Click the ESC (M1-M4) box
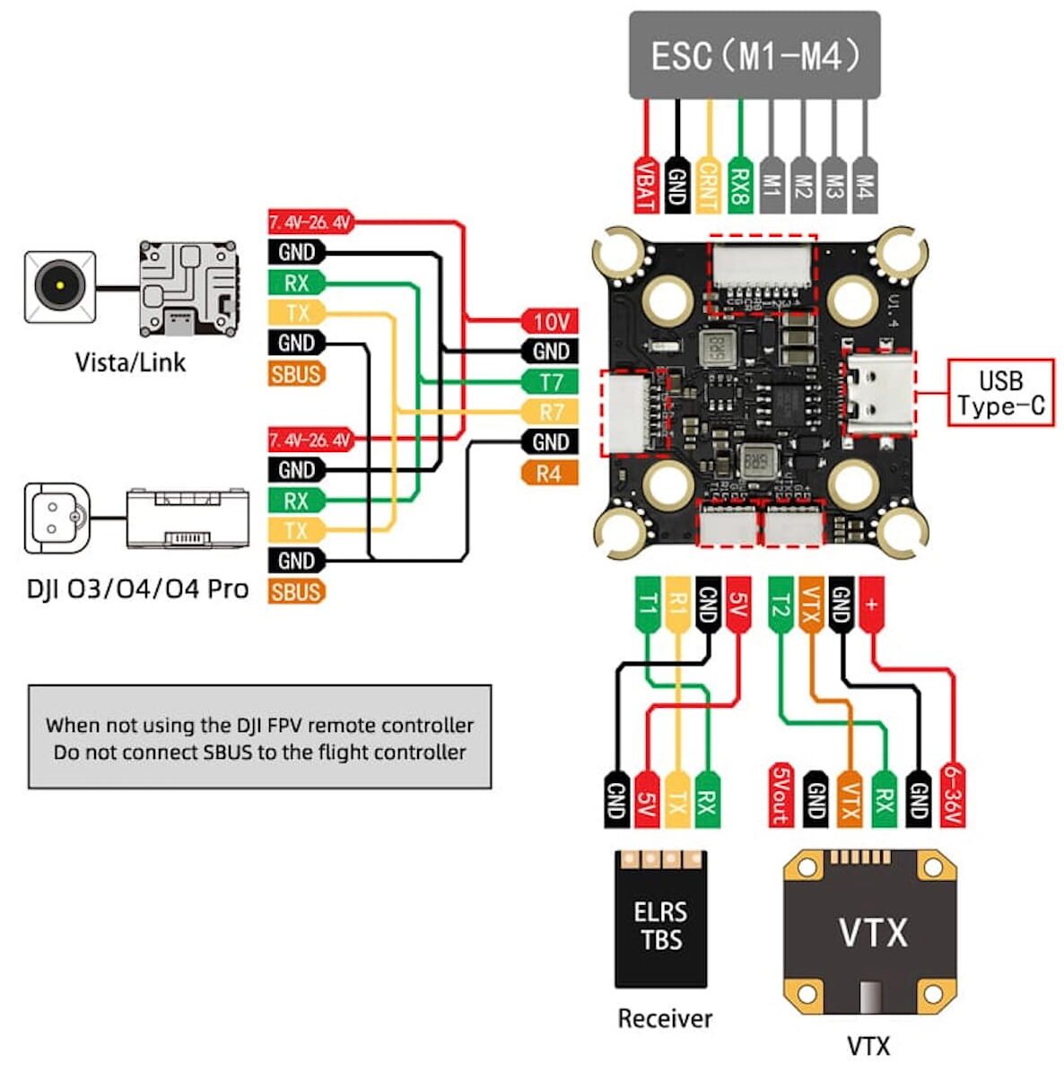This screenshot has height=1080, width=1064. (x=754, y=56)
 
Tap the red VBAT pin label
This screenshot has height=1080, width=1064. (x=644, y=185)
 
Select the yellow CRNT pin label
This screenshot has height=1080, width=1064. (x=708, y=185)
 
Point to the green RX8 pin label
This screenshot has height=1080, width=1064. (x=739, y=185)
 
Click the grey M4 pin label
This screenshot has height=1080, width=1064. (x=865, y=185)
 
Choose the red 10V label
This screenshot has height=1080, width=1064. (x=550, y=321)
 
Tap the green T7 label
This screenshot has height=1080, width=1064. (x=550, y=382)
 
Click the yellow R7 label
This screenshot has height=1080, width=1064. (x=550, y=413)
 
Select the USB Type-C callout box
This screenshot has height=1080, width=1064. (x=1000, y=393)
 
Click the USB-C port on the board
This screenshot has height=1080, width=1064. (x=880, y=392)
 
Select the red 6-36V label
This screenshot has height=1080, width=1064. (x=952, y=795)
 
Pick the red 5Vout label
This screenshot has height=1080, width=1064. (x=781, y=795)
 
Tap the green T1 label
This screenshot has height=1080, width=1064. (x=646, y=607)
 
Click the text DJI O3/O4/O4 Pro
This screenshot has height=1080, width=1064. (x=137, y=589)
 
